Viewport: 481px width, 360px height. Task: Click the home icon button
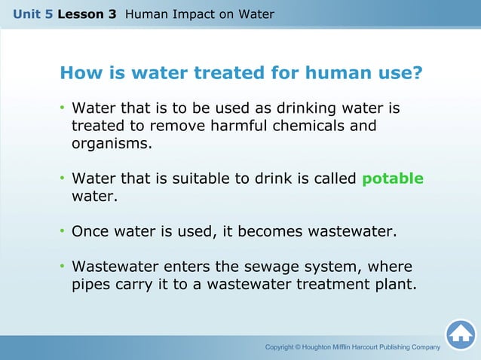(461, 335)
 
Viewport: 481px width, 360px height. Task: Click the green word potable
(393, 178)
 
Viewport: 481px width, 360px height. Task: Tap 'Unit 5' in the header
(32, 14)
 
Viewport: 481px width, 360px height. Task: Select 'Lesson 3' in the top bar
(86, 14)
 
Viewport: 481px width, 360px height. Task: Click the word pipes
(92, 285)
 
